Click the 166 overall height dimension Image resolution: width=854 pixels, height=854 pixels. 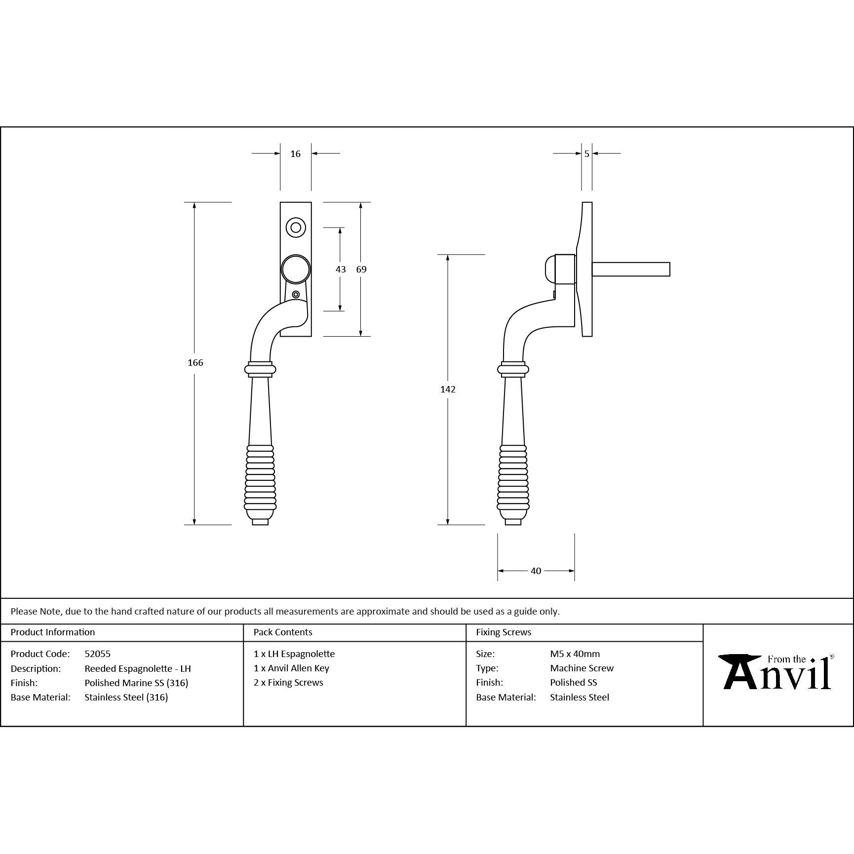[x=195, y=363]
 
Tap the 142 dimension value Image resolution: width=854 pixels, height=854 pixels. [x=448, y=389]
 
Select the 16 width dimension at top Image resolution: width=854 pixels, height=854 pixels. [x=295, y=154]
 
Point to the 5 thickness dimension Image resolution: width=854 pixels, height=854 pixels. [x=586, y=154]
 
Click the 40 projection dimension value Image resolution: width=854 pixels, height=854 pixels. [x=536, y=571]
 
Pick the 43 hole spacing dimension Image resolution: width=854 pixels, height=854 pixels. [x=341, y=270]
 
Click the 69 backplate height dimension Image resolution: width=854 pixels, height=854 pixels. [x=361, y=270]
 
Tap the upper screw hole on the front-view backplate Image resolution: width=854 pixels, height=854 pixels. [x=296, y=228]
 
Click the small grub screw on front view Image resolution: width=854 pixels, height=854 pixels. [x=296, y=295]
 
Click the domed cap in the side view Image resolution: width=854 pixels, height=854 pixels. [x=549, y=269]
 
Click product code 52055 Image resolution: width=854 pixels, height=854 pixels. [x=97, y=654]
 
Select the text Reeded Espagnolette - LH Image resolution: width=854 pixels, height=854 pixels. [x=137, y=668]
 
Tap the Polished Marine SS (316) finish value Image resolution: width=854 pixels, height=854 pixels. [x=136, y=683]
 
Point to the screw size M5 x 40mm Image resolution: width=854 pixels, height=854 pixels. [x=575, y=654]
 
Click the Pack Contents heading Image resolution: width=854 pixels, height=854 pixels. [x=283, y=632]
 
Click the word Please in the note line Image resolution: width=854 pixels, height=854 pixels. [x=24, y=611]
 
